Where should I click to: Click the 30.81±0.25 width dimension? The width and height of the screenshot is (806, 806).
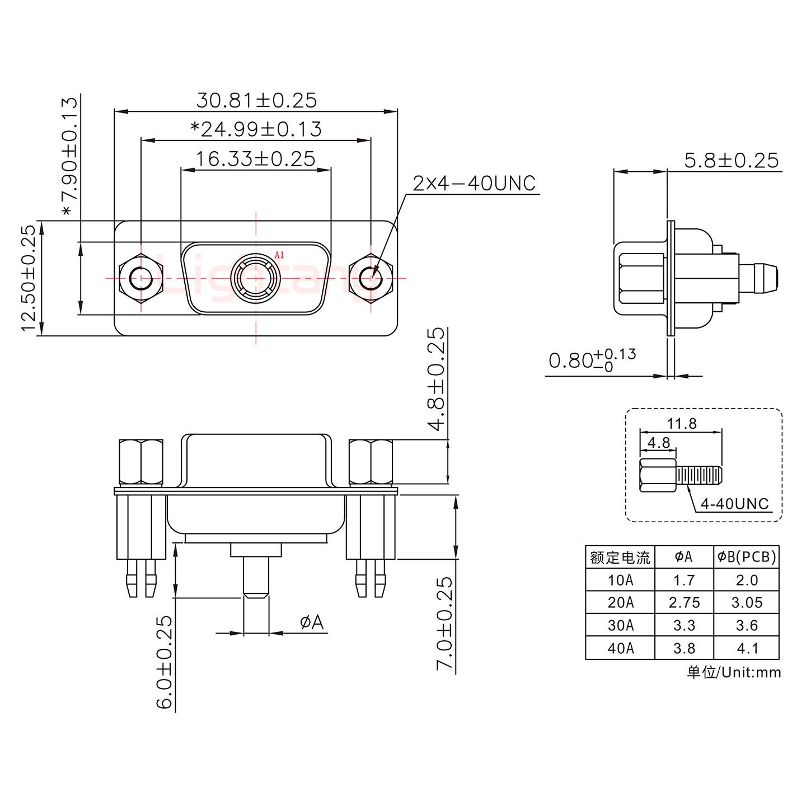point(256,100)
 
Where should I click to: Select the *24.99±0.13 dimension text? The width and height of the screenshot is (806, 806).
point(256,129)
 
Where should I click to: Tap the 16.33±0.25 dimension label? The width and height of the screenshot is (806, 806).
point(255,159)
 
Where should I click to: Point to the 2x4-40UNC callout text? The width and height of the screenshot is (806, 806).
point(474,183)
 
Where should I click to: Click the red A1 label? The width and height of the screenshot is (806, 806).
point(279,255)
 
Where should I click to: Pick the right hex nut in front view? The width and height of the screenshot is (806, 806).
point(371,278)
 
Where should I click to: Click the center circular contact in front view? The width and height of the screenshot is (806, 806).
point(256,278)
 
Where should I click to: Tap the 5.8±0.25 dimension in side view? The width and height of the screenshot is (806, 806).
point(731,161)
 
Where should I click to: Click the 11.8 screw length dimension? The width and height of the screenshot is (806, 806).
point(681,424)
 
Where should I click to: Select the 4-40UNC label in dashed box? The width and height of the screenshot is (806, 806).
point(734,504)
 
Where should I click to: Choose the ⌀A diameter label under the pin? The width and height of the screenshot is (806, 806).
point(312,622)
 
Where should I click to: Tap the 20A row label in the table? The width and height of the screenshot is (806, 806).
point(620,602)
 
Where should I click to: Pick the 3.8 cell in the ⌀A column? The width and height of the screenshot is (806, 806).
point(684,648)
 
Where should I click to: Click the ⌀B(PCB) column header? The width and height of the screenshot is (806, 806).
point(747,557)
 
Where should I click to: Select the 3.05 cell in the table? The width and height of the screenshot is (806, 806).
point(747,602)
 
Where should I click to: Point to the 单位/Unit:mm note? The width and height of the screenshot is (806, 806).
point(734,672)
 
